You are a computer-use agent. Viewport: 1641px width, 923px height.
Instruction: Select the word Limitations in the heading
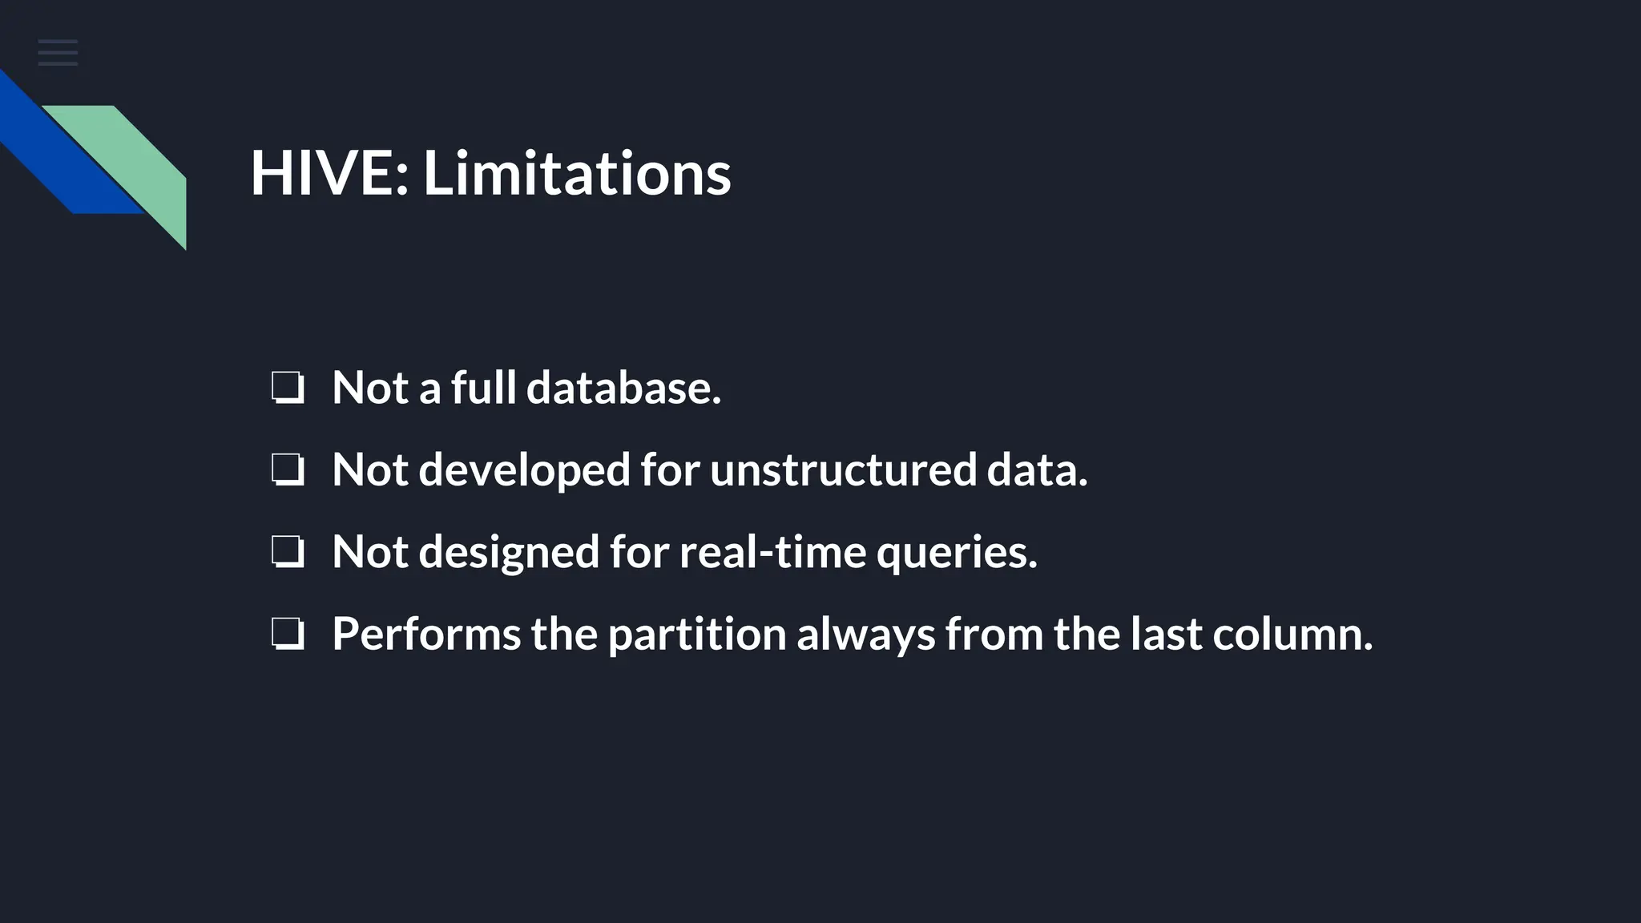[x=577, y=173]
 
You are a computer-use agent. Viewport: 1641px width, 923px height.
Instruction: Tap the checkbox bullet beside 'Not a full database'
[x=288, y=388]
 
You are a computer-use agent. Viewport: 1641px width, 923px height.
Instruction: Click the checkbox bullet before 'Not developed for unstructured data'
[x=288, y=470]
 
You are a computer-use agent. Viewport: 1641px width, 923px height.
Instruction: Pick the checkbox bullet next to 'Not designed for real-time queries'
[x=288, y=552]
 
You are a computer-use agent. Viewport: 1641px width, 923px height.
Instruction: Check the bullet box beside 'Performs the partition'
[x=288, y=634]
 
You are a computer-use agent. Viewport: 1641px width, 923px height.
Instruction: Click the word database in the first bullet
[x=623, y=388]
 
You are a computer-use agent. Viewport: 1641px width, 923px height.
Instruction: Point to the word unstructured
[x=843, y=470]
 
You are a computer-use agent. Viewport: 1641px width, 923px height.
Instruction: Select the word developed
[x=525, y=471]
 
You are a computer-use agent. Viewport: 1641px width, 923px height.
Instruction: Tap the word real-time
[x=772, y=552]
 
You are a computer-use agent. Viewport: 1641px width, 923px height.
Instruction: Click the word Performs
[x=426, y=634]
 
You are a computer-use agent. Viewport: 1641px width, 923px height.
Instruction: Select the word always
[x=865, y=635]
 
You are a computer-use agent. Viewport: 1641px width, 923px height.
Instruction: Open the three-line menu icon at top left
[x=58, y=53]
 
